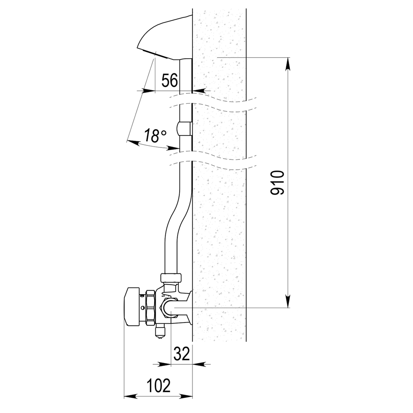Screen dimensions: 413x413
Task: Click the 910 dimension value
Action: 278,183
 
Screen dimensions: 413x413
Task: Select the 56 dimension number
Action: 170,81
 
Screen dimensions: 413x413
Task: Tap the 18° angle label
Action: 155,136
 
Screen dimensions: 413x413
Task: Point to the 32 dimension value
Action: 182,354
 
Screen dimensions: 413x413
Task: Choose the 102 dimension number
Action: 159,386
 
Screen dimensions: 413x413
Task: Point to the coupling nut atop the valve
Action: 171,278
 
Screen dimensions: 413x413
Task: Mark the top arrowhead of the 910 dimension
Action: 288,64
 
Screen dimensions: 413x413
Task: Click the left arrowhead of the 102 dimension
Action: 131,396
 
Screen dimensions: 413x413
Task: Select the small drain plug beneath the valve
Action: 159,332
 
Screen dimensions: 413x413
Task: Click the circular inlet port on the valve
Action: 169,307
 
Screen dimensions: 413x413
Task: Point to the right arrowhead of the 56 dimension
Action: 199,91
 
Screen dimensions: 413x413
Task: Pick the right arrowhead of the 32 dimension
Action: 199,365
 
